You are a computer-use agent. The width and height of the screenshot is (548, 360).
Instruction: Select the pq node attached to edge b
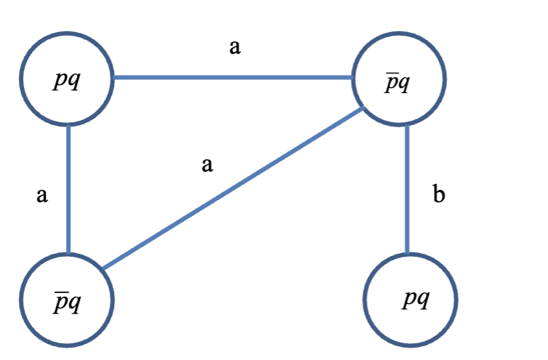pos(410,300)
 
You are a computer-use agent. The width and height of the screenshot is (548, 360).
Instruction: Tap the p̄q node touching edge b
pos(398,79)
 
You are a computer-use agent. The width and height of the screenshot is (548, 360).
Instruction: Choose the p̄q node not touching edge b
pos(67,300)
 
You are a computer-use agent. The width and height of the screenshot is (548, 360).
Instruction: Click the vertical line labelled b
pos(407,189)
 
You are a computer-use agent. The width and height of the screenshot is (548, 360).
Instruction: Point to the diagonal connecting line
pos(233,189)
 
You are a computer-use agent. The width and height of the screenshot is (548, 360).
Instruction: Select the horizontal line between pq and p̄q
pos(233,76)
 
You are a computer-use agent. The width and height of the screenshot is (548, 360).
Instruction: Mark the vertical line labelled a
pos(68,189)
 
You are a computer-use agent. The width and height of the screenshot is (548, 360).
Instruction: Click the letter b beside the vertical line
pos(438,194)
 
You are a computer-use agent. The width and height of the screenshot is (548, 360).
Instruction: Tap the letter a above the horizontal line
pos(234,49)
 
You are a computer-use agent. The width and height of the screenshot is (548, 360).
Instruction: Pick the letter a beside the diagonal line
pos(207,166)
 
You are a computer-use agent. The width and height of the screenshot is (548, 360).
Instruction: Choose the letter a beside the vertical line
pos(41,195)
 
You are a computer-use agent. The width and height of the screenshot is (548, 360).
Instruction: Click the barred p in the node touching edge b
pos(392,81)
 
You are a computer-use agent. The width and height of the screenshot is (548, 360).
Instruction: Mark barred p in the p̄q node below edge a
pos(60,301)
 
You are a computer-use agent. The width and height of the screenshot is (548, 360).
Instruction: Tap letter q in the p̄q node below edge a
pos(73,302)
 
